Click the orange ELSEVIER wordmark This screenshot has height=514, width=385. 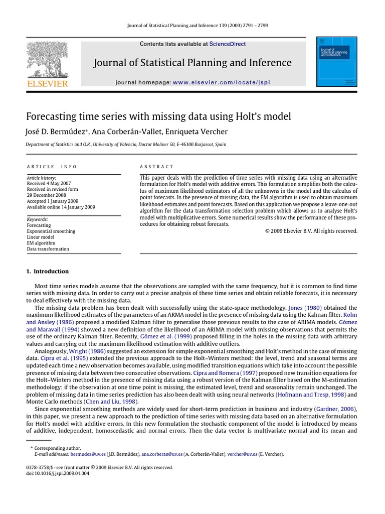point(47,83)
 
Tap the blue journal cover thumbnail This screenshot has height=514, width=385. point(337,61)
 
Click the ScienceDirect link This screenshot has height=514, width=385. point(228,44)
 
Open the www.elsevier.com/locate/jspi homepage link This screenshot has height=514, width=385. point(221,82)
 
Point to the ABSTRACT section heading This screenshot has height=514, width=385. point(156,167)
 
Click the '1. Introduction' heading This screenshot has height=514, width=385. point(47,272)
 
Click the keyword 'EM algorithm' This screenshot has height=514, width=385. point(41,243)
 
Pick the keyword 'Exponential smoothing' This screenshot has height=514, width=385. point(51,231)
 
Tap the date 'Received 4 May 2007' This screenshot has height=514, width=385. point(49,184)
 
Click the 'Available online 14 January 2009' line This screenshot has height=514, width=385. point(61,207)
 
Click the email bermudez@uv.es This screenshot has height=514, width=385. point(88,454)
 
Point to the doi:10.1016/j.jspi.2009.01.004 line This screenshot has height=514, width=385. point(58,473)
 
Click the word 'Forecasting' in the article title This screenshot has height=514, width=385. point(54,116)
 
